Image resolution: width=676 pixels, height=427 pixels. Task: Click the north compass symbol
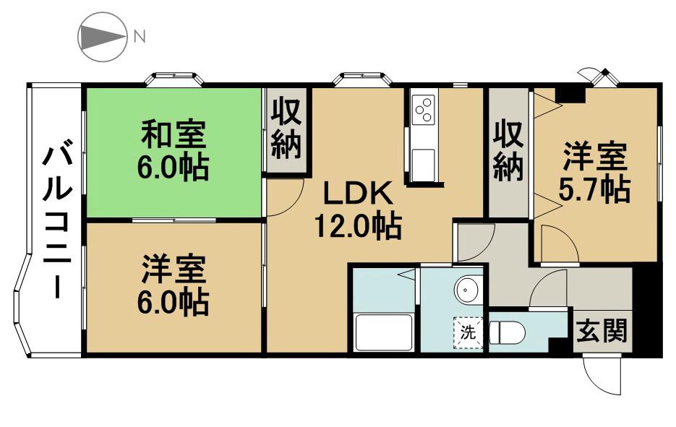[x=102, y=37]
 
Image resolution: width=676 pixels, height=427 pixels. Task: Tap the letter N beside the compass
[x=139, y=37]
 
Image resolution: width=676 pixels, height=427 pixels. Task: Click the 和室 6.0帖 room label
[x=174, y=150]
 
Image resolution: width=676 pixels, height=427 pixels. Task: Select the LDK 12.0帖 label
[x=359, y=210]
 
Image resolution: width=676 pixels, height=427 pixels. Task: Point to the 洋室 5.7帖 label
[x=594, y=173]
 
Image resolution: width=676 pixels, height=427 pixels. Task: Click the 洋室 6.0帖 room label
[x=174, y=285]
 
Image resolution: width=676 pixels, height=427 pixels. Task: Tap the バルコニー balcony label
[x=56, y=223]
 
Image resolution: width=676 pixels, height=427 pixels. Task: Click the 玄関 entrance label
[x=602, y=331]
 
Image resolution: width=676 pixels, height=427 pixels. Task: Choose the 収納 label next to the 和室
[x=286, y=128]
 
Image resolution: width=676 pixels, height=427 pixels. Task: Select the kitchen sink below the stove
[x=423, y=165]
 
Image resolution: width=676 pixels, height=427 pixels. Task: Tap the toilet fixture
[x=508, y=332]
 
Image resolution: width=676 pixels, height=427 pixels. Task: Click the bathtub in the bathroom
[x=383, y=332]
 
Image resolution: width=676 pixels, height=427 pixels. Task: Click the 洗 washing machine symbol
[x=469, y=332]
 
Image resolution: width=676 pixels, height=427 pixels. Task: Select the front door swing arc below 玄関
[x=601, y=376]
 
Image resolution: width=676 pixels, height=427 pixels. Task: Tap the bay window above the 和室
[x=174, y=79]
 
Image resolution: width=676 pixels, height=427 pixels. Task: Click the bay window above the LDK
[x=363, y=79]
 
